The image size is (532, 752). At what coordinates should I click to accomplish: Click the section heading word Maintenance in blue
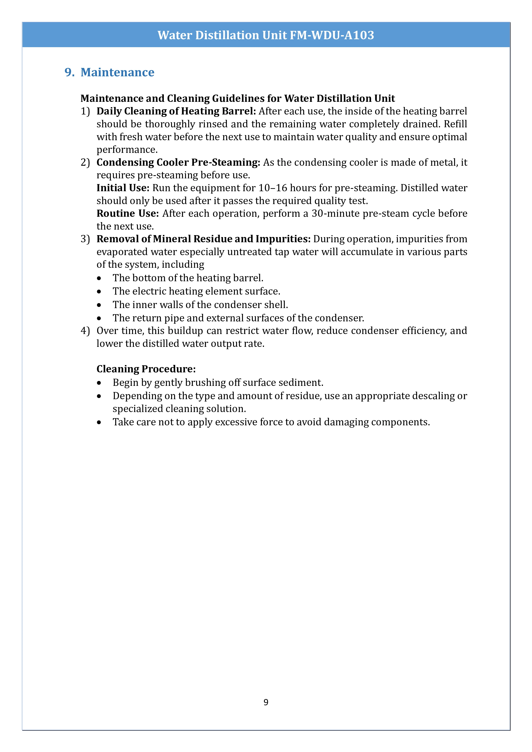(117, 72)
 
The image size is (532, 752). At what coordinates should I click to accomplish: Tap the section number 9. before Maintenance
(69, 72)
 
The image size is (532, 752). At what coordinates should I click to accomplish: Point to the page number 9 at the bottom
(266, 702)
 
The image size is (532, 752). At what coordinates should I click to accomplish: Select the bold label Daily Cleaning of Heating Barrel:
(176, 111)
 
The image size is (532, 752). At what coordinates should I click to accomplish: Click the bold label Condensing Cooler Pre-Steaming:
(178, 162)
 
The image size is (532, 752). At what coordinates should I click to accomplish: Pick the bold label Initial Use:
(123, 188)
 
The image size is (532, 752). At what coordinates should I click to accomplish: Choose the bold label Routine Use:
(127, 214)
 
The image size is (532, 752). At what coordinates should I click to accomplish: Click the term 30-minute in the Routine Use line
(335, 214)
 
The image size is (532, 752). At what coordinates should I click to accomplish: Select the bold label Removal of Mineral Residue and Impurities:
(203, 239)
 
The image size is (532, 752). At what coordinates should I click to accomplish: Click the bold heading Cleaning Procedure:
(146, 369)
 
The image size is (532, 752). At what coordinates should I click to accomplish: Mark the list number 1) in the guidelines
(85, 111)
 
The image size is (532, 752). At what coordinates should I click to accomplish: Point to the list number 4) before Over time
(85, 331)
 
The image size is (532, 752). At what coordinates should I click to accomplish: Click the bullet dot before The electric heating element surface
(99, 292)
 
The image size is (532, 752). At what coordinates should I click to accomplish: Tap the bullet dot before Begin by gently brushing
(99, 383)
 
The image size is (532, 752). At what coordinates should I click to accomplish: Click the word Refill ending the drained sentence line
(455, 124)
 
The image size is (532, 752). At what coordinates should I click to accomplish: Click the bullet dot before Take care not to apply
(99, 423)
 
